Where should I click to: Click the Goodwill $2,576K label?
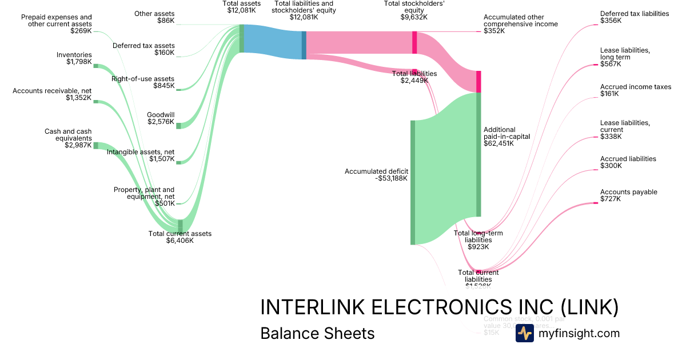coord(161,118)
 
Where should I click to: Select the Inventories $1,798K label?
coord(74,58)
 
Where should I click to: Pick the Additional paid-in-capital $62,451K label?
coord(506,137)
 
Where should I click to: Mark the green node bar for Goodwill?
coord(178,125)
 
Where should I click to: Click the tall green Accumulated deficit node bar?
coord(413,182)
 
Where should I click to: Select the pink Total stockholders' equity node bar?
coord(414,42)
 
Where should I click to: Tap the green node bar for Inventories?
coord(96,66)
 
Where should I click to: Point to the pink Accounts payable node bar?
coord(595,203)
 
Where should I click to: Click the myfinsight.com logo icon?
coord(524,333)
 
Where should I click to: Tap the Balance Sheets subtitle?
coord(317,333)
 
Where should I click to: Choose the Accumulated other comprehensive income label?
coord(520,24)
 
